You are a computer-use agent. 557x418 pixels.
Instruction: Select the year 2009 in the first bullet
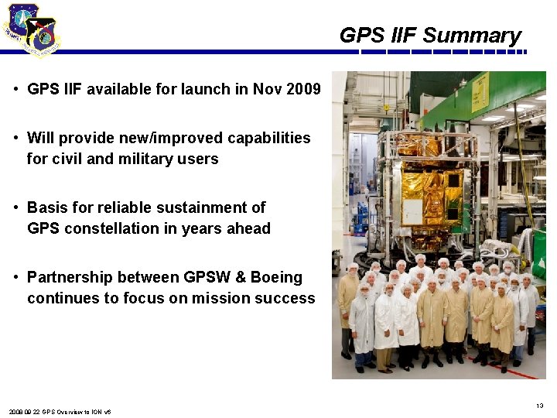point(303,89)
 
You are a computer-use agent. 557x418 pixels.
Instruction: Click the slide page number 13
point(539,406)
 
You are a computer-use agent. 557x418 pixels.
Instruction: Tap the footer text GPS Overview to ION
point(71,412)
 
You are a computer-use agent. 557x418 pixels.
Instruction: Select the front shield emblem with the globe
point(42,36)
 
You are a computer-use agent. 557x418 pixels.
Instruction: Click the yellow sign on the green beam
point(480,95)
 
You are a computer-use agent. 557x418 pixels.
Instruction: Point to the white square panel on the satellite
point(411,211)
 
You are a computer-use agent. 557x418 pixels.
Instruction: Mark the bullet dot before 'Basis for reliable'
point(16,207)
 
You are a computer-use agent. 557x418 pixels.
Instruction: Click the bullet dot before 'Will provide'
point(16,138)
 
